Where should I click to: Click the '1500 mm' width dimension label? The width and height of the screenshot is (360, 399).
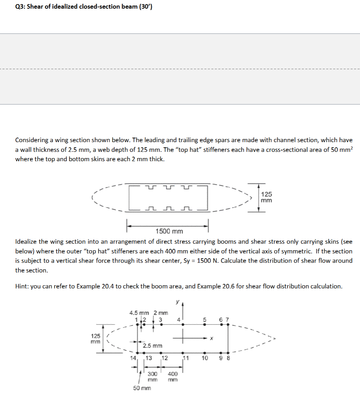point(169,231)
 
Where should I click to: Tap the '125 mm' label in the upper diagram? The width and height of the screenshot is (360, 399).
point(266,197)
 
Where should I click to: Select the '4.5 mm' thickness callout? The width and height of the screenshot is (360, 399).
point(139,313)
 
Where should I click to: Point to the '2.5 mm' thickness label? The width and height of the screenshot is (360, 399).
point(153,346)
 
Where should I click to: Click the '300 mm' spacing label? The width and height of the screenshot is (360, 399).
point(153,376)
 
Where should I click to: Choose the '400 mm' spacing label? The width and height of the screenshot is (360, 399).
point(172,376)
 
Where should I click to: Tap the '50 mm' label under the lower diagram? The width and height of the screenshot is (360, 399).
point(142,388)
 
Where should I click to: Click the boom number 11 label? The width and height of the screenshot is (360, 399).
point(186,358)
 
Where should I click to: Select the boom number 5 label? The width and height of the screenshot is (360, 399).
point(205,319)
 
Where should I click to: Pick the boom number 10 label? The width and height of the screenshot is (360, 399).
point(205,358)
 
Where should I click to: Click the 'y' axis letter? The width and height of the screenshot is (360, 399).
point(178,302)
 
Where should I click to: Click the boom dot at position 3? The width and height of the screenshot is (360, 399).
point(161,325)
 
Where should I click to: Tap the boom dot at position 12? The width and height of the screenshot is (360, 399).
point(161,353)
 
